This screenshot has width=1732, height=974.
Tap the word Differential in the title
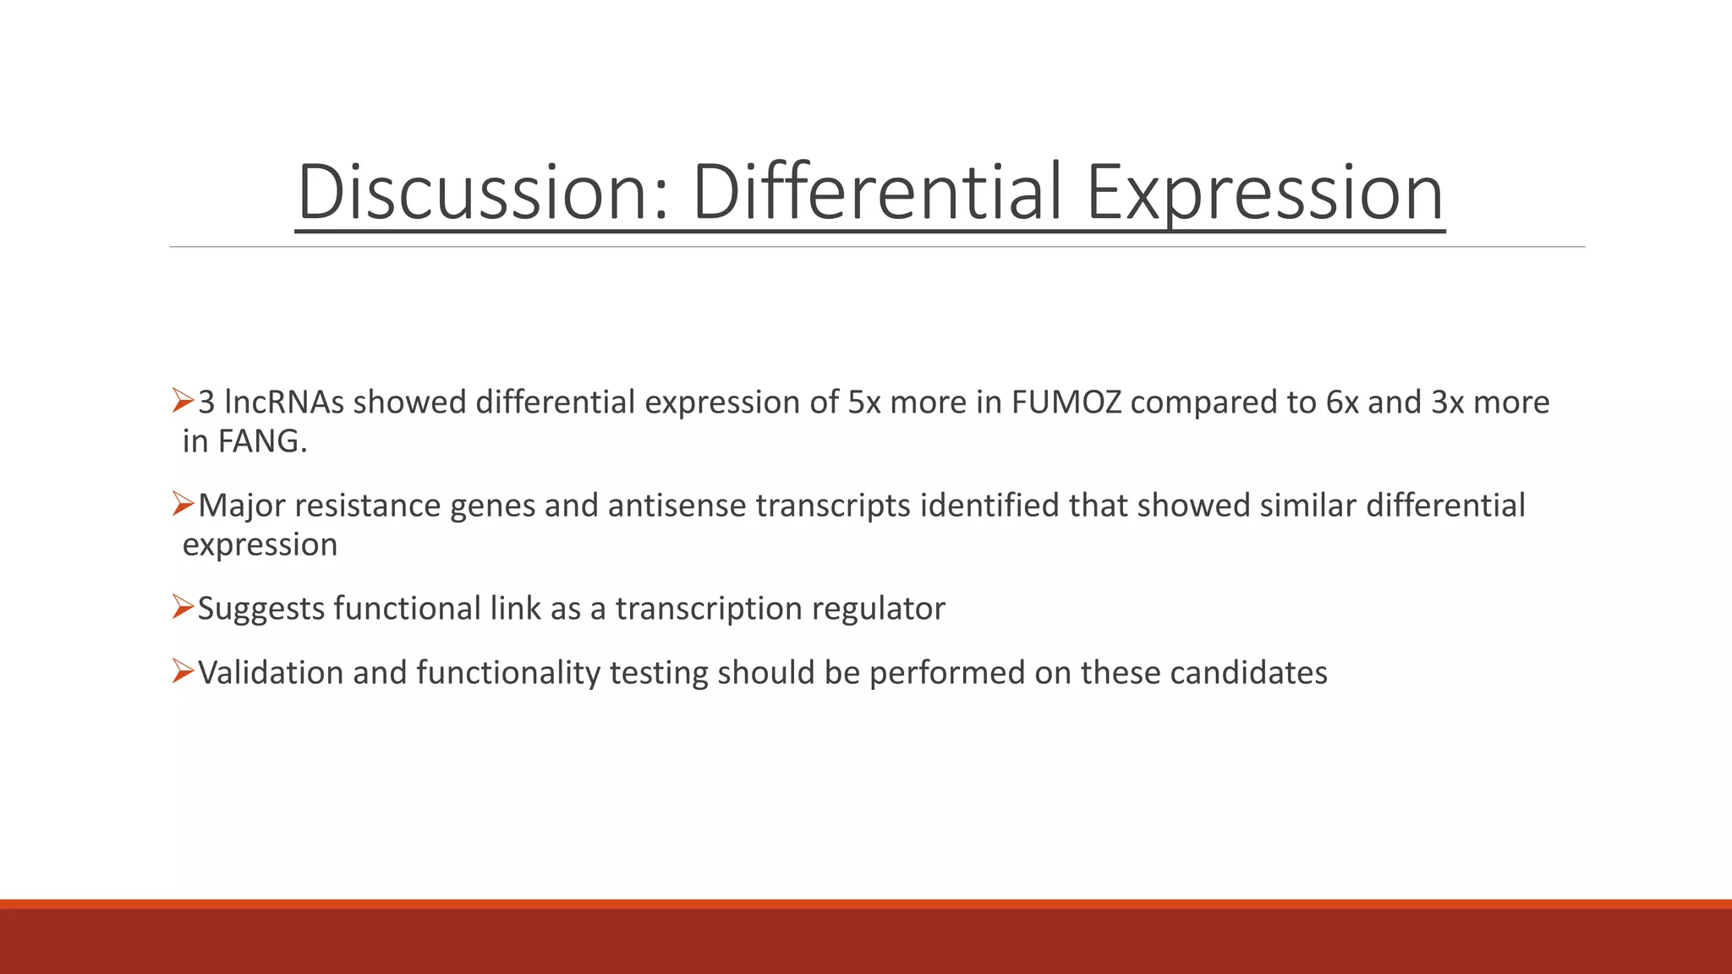[876, 193]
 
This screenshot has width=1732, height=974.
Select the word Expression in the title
[1265, 193]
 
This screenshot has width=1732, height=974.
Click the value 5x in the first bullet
[863, 402]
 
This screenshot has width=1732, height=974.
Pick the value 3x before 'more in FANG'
[1447, 402]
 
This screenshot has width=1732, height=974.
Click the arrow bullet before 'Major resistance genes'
[184, 504]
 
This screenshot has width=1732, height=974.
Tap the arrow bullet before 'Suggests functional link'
[184, 607]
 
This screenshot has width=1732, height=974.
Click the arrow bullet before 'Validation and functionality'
[184, 671]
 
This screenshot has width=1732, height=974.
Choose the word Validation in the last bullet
[271, 673]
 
